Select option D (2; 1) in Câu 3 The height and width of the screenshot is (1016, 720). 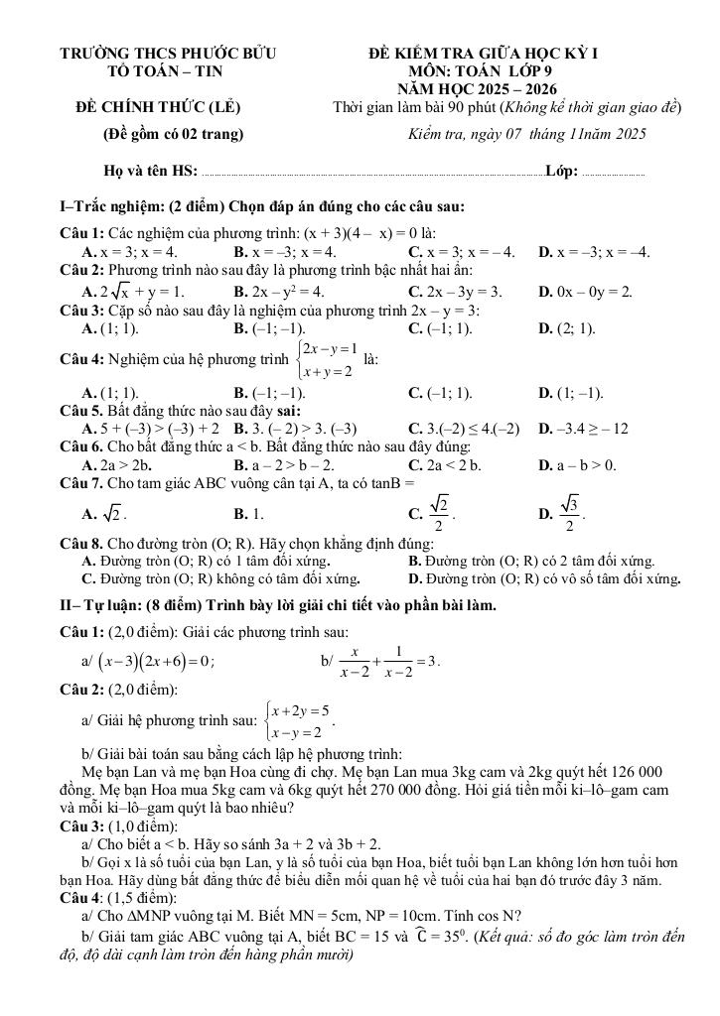pos(567,328)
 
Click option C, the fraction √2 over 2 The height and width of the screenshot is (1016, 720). pos(433,514)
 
